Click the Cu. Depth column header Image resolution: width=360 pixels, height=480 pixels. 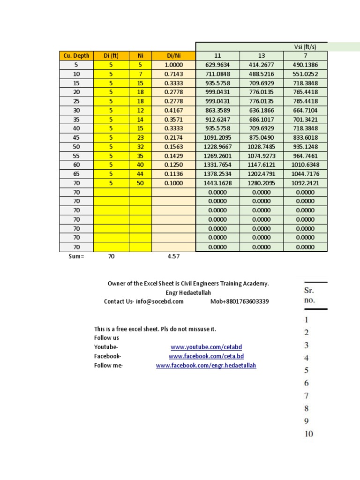tap(76, 56)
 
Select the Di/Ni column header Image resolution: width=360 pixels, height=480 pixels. tap(173, 56)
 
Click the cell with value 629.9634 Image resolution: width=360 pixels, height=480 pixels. tap(217, 65)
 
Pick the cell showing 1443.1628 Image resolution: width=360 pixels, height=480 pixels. tap(217, 183)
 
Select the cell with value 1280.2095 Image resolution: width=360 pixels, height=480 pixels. tap(261, 183)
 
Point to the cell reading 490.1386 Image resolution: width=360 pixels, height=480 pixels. tap(305, 65)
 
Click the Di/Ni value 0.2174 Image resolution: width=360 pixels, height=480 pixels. tap(173, 138)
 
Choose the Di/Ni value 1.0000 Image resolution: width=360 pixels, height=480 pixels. tap(173, 65)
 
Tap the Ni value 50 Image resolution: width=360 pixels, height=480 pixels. tap(140, 183)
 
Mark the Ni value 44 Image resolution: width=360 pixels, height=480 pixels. tap(140, 174)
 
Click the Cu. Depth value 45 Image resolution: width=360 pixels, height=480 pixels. tap(76, 138)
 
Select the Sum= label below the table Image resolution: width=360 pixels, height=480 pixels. tap(76, 257)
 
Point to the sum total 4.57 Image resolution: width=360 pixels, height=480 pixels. tap(173, 257)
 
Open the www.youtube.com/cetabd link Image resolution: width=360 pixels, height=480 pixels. tap(206, 347)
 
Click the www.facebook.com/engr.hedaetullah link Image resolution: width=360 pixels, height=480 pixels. tap(206, 366)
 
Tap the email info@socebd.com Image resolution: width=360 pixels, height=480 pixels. tap(160, 301)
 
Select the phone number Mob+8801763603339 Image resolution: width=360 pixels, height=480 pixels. tap(240, 301)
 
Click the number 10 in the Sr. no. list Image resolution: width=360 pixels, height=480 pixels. tap(308, 434)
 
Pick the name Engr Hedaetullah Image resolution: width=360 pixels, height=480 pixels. tap(188, 292)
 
